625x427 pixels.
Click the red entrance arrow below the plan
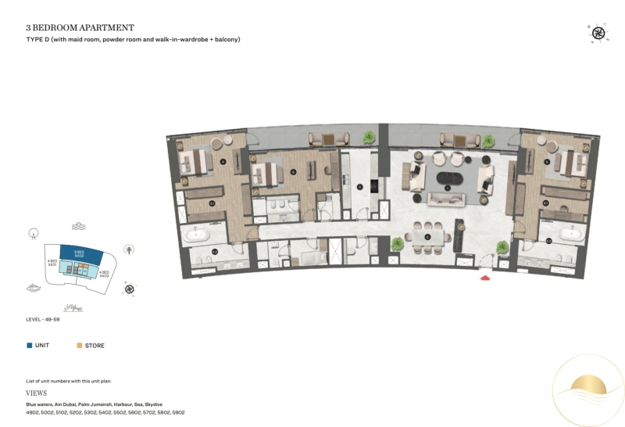tap(485, 276)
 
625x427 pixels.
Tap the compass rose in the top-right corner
tap(598, 33)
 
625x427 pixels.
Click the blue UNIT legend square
tap(29, 345)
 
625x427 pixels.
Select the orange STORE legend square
tap(79, 345)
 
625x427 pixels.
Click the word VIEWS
tap(37, 394)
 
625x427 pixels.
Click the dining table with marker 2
tap(427, 235)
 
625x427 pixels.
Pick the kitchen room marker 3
tap(359, 187)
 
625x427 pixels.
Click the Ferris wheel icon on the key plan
tap(33, 233)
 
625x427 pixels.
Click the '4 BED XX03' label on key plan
tap(103, 274)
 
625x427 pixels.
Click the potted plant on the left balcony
tap(367, 138)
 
